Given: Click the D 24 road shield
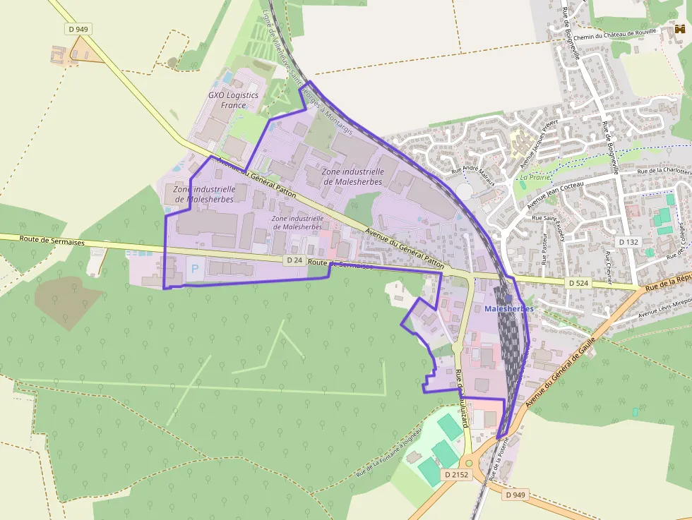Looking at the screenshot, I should point(295,260).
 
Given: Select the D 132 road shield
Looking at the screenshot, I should point(628,242).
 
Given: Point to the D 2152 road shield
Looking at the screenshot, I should point(457,475).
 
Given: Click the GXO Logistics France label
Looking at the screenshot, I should point(233,100).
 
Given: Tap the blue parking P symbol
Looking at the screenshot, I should point(194,269).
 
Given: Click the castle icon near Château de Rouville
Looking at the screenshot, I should point(680,30).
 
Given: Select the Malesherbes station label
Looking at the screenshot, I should point(509,309).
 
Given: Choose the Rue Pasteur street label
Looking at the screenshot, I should point(544,250).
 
